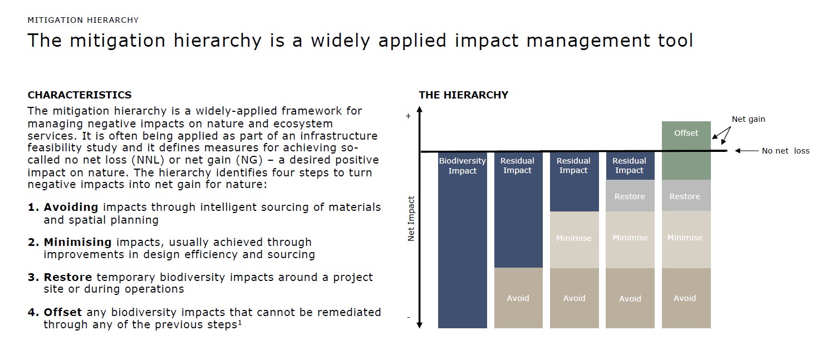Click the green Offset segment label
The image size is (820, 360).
click(x=686, y=133)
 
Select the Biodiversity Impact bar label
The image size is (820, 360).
click(x=463, y=166)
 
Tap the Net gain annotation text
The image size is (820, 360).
click(x=748, y=119)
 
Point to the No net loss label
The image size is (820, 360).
click(x=785, y=151)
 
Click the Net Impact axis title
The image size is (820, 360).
click(x=411, y=219)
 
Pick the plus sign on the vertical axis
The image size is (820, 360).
click(x=408, y=116)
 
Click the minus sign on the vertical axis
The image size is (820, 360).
click(x=409, y=317)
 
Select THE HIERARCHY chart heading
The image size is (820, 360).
click(x=464, y=95)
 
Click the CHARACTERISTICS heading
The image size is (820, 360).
click(x=80, y=95)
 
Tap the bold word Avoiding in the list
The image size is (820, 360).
click(x=71, y=208)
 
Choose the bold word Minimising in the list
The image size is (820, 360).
click(x=77, y=242)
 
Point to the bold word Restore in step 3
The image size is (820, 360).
click(x=68, y=277)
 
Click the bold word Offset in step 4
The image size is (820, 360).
click(x=62, y=313)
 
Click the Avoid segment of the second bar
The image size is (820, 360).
click(x=518, y=298)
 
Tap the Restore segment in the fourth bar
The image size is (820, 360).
click(x=630, y=196)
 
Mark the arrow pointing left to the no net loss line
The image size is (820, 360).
click(x=747, y=151)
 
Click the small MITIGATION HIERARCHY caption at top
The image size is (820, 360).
click(x=83, y=20)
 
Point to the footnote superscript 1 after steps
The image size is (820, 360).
click(x=240, y=322)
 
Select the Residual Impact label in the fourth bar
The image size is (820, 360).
click(x=629, y=165)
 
